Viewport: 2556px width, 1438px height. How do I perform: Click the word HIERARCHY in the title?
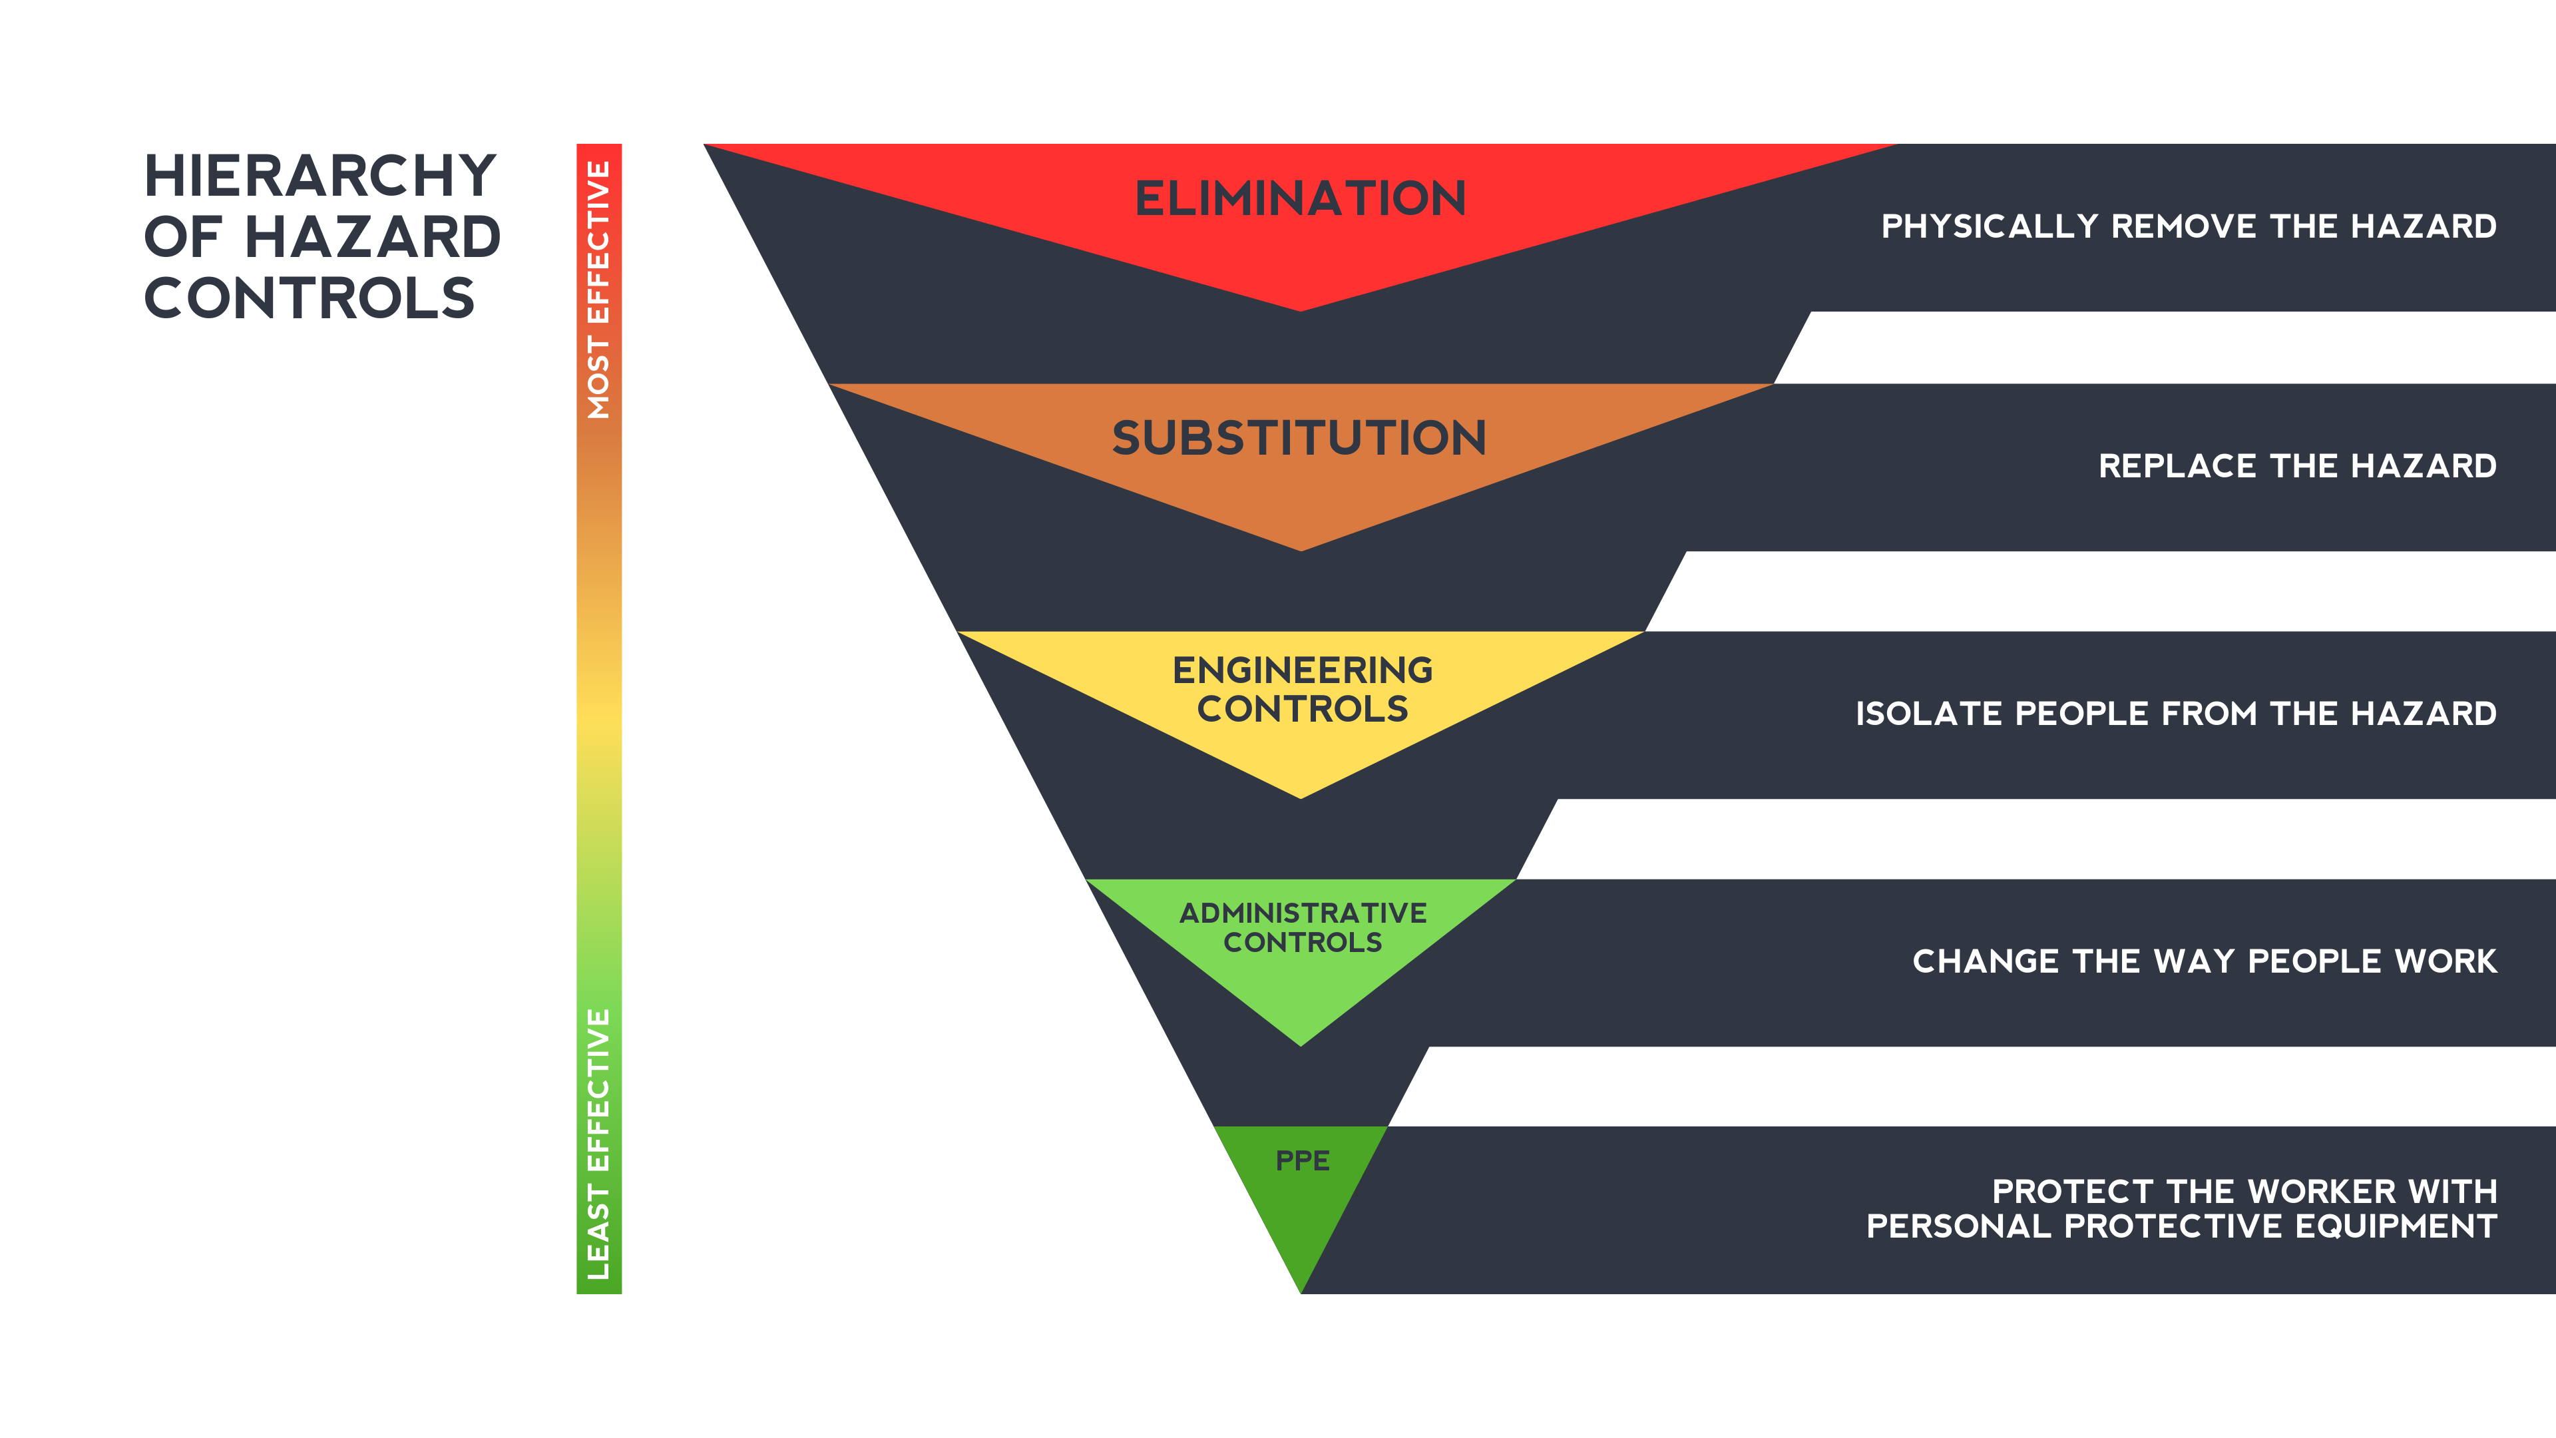coord(319,176)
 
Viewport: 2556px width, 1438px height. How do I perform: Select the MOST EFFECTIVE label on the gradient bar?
coord(598,290)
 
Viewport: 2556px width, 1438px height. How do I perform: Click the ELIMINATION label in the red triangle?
coord(1300,198)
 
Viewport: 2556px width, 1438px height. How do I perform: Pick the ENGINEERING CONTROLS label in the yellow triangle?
coord(1302,690)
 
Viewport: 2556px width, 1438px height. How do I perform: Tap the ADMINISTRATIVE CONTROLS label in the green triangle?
coord(1302,927)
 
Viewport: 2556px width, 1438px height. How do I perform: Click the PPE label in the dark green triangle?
coord(1302,1160)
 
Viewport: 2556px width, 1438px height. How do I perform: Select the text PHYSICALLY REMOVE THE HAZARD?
coord(2188,226)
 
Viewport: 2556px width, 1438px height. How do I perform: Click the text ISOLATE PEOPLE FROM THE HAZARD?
coord(2175,714)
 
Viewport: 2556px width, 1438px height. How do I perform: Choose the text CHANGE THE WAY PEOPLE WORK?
coord(2204,961)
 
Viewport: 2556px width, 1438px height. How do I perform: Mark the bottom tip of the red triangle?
coord(1300,309)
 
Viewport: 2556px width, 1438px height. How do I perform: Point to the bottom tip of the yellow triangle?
coord(1300,796)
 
